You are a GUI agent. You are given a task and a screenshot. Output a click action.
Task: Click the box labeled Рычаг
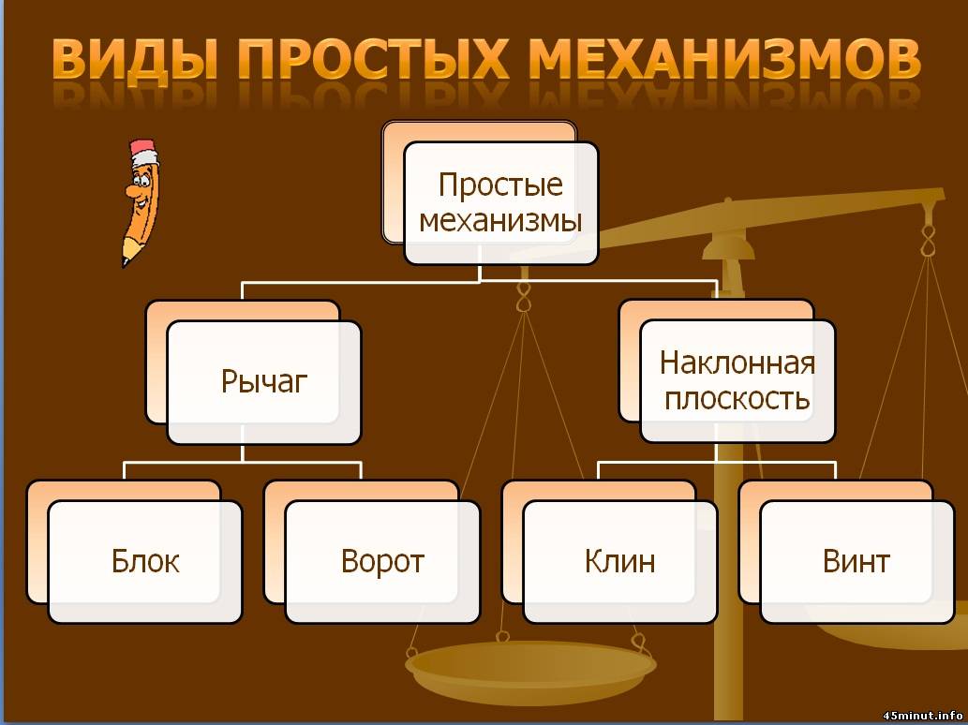pos(264,382)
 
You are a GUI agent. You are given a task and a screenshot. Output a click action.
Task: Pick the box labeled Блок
pos(145,562)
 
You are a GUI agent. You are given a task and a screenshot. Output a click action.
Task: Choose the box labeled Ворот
pos(382,562)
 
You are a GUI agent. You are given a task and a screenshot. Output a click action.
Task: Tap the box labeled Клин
pos(619,562)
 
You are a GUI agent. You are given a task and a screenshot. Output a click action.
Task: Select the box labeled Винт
pos(856,562)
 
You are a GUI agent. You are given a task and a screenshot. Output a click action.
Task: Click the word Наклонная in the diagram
pos(737,362)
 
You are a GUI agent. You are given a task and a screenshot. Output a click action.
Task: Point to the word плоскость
pos(737,399)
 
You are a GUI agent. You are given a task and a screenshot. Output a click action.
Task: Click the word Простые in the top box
pos(500,185)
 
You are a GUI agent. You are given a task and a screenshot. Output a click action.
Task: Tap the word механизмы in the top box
pos(500,222)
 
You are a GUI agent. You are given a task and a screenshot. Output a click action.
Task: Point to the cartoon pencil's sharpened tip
pos(124,259)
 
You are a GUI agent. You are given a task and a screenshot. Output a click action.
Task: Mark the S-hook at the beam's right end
pos(929,234)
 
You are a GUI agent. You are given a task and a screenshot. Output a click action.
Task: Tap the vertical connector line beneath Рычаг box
pos(242,452)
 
